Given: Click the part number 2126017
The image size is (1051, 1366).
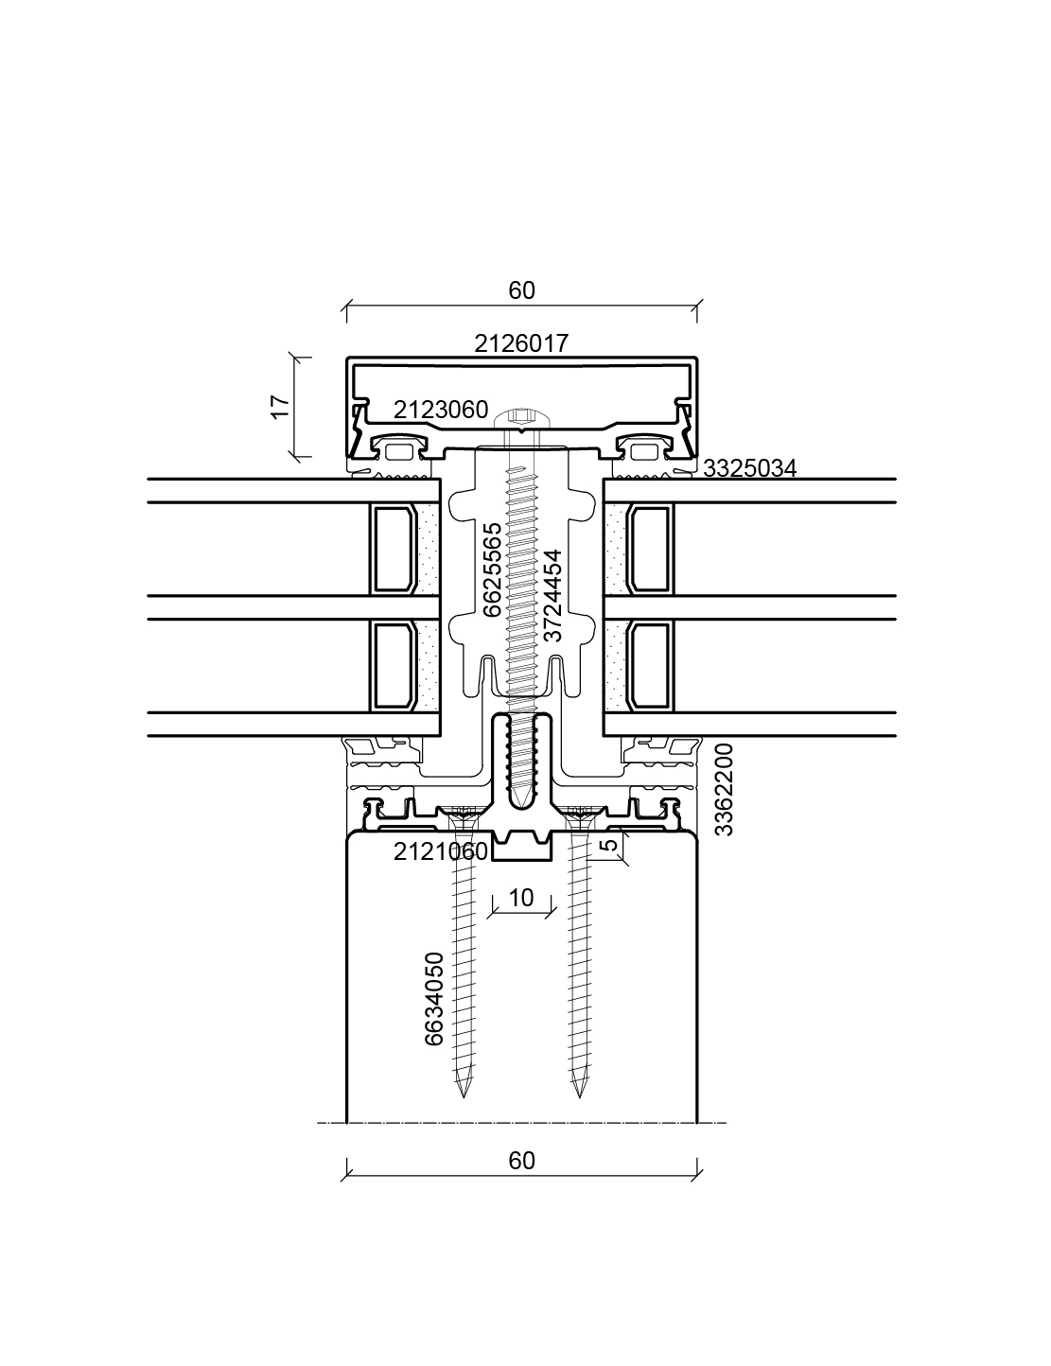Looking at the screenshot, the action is click(521, 343).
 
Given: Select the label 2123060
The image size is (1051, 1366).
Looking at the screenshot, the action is click(441, 410).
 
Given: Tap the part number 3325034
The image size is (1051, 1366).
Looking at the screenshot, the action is click(749, 468).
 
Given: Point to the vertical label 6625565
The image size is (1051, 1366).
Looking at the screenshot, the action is click(493, 569).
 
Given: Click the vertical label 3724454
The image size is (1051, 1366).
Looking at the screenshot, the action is click(552, 595).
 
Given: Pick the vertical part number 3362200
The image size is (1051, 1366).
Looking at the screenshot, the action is click(724, 790).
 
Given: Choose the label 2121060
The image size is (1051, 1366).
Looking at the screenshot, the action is click(441, 851).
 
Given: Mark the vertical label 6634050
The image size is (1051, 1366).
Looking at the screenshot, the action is click(433, 1000).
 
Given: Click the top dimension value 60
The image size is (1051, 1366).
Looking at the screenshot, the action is click(522, 290).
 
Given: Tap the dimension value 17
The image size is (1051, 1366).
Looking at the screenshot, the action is click(281, 406).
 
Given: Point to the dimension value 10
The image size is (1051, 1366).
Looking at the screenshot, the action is click(521, 898).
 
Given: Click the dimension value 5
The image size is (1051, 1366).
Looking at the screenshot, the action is click(608, 844).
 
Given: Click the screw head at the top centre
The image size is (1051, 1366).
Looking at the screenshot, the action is click(521, 419).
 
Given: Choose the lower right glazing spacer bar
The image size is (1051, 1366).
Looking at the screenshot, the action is click(649, 666).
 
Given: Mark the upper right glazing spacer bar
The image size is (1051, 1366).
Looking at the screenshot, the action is click(649, 549).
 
